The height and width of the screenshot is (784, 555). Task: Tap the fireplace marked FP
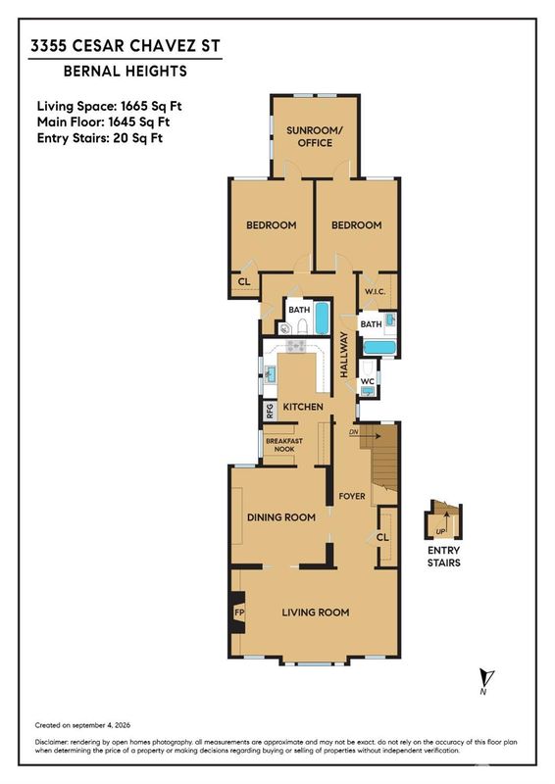pos(238,612)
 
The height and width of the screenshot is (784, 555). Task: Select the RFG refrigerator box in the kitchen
pos(271,411)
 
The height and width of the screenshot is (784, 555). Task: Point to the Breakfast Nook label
pos(283,445)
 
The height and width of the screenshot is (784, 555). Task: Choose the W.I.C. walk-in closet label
pos(375,291)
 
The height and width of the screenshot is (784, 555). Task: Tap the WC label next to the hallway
pos(368,381)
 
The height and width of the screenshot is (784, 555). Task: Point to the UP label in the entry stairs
pos(440,531)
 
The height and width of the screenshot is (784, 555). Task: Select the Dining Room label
pos(281,517)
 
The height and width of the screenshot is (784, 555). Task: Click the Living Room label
pos(316,612)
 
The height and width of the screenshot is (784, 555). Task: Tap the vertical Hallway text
pos(344,354)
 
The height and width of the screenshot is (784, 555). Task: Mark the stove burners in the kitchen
pos(295,346)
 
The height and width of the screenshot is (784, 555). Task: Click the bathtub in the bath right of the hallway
pos(379,347)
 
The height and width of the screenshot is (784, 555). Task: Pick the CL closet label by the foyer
pos(382,537)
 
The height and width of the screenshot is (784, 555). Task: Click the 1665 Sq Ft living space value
pos(151,106)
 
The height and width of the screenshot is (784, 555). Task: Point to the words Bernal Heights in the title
pos(126,71)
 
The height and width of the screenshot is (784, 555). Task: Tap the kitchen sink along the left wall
pos(271,373)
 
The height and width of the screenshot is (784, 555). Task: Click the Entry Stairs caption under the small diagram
pos(444,557)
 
